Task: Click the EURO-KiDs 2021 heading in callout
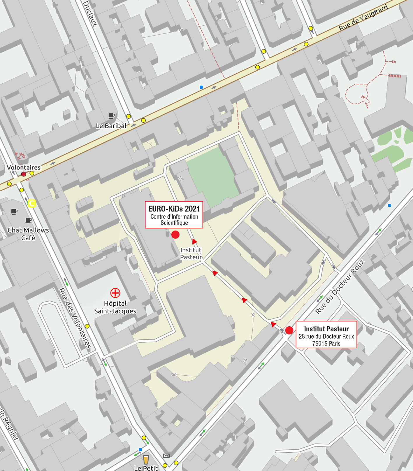coord(174,209)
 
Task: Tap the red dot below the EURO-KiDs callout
coord(175,234)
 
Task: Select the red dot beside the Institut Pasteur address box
coord(289,330)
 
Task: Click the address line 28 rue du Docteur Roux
coord(326,336)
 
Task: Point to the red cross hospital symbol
coord(115,293)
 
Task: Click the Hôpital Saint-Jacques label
coord(115,307)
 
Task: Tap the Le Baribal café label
coord(111,126)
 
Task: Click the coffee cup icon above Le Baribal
coord(111,116)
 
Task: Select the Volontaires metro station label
coord(24,167)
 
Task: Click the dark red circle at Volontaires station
coord(24,174)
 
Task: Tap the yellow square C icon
coord(32,203)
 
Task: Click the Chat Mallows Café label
coord(28,234)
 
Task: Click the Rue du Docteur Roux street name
coord(340,287)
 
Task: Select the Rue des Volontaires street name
coord(75,318)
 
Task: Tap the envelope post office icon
coord(166,456)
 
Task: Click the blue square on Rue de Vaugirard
coord(201,87)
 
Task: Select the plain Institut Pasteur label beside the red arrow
coord(191,253)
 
